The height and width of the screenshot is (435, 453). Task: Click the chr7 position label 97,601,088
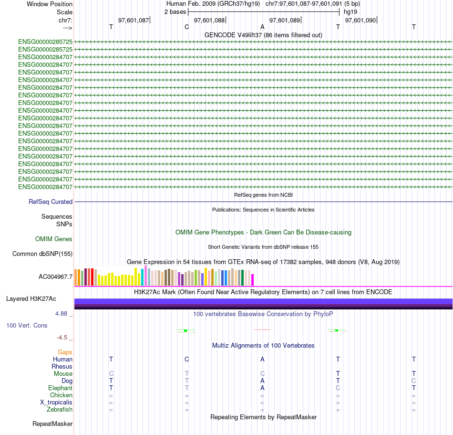tap(209, 21)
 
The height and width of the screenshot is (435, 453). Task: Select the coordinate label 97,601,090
tap(360, 21)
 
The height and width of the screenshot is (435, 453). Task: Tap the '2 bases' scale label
tap(175, 11)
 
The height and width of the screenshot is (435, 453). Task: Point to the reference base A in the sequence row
tap(262, 27)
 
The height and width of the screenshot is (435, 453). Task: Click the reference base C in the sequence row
tap(186, 27)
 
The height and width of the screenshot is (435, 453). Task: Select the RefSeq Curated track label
tap(51, 202)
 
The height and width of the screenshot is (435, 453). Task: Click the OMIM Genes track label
tap(54, 239)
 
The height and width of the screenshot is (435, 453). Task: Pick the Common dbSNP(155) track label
tap(42, 254)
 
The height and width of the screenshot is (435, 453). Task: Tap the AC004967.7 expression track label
tap(55, 276)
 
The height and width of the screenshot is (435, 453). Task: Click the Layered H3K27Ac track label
tap(31, 299)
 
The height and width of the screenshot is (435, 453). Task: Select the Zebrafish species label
tap(60, 410)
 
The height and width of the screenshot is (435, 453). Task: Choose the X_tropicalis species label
tap(56, 403)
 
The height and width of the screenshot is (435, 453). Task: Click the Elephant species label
tap(60, 388)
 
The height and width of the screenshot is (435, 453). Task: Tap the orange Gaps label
tap(65, 352)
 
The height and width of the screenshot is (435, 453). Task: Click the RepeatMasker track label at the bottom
tap(52, 424)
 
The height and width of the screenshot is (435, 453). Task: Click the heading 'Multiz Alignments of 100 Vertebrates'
tap(263, 346)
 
